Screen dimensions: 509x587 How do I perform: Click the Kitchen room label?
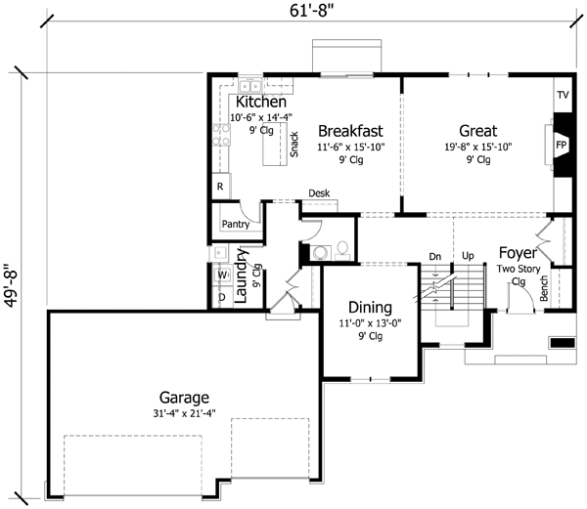coord(259,102)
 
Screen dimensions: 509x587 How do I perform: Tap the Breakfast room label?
coord(349,131)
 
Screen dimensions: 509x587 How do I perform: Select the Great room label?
coord(477,131)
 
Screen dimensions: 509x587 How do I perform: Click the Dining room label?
coord(364,306)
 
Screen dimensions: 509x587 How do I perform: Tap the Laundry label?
coord(242,278)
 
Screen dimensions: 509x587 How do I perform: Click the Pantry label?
coord(236,224)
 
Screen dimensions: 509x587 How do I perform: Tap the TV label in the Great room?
coord(563,96)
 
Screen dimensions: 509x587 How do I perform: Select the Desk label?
coord(318,193)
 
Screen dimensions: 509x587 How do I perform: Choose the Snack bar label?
coord(293,144)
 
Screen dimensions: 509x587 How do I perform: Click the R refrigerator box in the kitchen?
coord(219,185)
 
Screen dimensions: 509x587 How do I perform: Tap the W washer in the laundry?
coord(221,275)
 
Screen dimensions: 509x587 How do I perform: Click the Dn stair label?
coord(436,257)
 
